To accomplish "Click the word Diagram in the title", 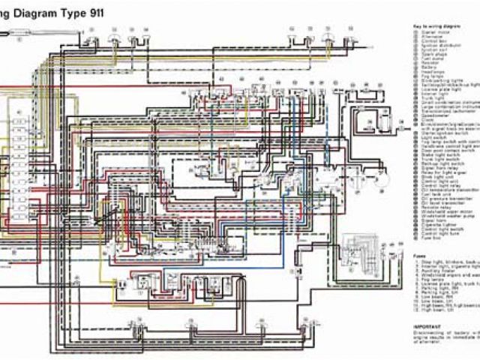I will (x=46, y=10).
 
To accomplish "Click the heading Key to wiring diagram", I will (x=438, y=26).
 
